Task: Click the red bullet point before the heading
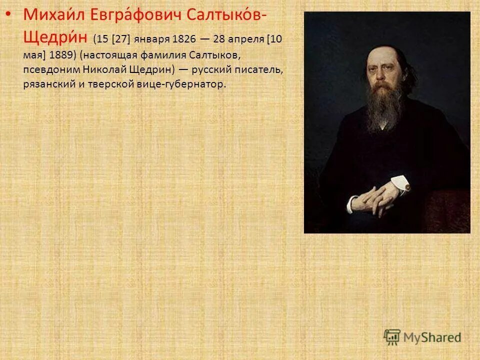[x=6, y=15]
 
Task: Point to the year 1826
[x=183, y=39]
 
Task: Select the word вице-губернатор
[x=181, y=84]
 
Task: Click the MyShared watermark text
[x=432, y=337]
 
